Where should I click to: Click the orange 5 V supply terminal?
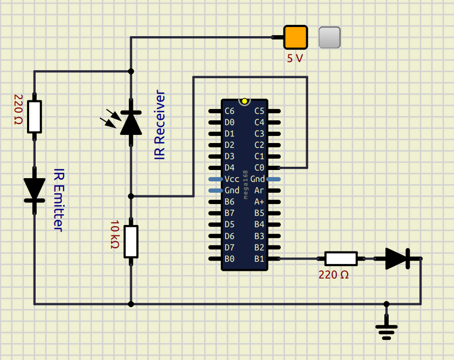(x=295, y=37)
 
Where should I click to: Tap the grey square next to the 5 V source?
(x=329, y=37)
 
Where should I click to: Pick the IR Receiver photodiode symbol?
(x=131, y=123)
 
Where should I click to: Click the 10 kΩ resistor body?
(x=131, y=241)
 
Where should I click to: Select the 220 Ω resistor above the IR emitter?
(x=35, y=117)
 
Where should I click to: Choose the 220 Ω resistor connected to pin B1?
(x=341, y=259)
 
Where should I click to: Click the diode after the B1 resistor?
(x=397, y=259)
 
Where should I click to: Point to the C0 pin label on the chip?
(x=259, y=168)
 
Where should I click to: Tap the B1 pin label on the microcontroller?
(x=259, y=259)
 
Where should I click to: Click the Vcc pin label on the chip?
(x=232, y=179)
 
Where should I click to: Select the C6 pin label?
(x=229, y=111)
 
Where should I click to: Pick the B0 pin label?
(x=229, y=259)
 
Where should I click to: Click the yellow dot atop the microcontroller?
(x=245, y=101)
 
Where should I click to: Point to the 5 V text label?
(x=295, y=58)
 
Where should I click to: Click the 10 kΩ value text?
(x=114, y=234)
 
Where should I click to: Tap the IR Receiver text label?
(x=160, y=125)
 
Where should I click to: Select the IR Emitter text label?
(x=58, y=200)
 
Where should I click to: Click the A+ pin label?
(x=259, y=202)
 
